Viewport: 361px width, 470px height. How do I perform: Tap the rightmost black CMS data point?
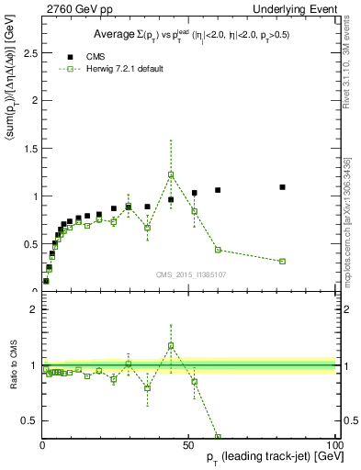[283, 187]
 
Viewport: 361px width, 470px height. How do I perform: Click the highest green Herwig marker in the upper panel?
[171, 175]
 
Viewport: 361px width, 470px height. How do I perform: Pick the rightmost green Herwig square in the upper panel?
[283, 262]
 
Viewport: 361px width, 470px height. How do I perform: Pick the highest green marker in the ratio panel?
[171, 346]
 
